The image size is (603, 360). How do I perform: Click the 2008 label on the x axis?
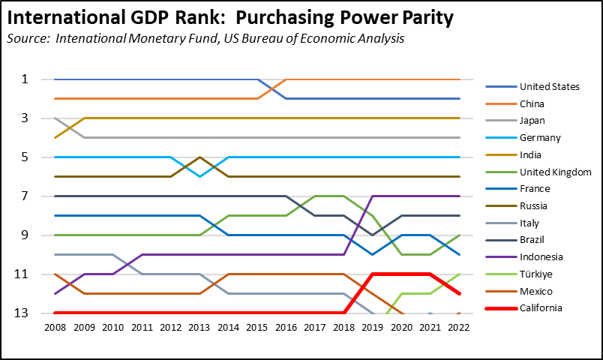point(55,327)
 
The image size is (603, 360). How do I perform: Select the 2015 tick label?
point(257,327)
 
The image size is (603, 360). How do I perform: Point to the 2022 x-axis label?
point(460,327)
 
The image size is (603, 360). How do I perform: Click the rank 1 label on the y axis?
point(25,79)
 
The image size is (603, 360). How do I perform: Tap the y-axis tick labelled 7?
point(25,196)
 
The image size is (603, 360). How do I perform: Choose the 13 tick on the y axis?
point(23,313)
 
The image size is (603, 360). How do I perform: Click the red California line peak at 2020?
point(402,274)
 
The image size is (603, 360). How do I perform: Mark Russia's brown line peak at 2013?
point(199,157)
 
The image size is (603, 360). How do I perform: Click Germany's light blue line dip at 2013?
point(199,176)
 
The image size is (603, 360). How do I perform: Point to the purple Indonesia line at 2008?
point(55,294)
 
